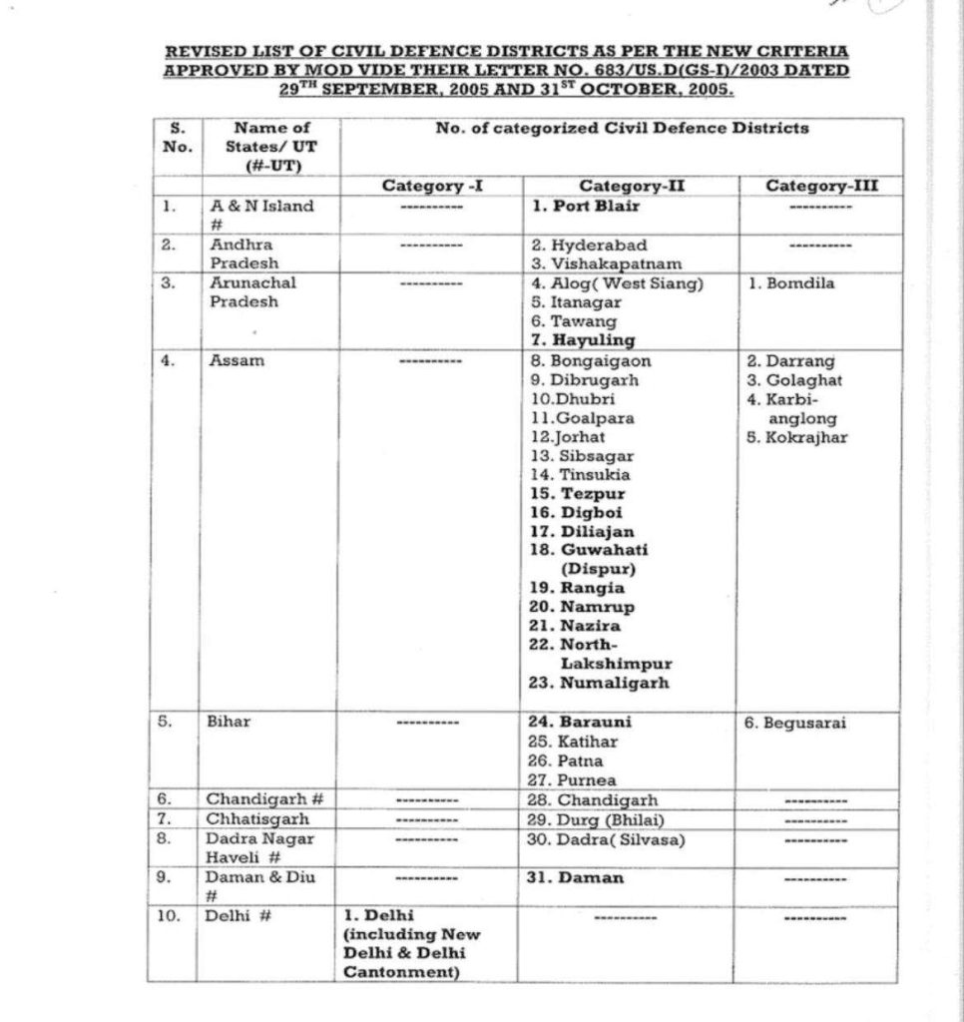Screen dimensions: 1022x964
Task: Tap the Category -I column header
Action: point(426,186)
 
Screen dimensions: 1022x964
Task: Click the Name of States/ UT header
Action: point(270,146)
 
